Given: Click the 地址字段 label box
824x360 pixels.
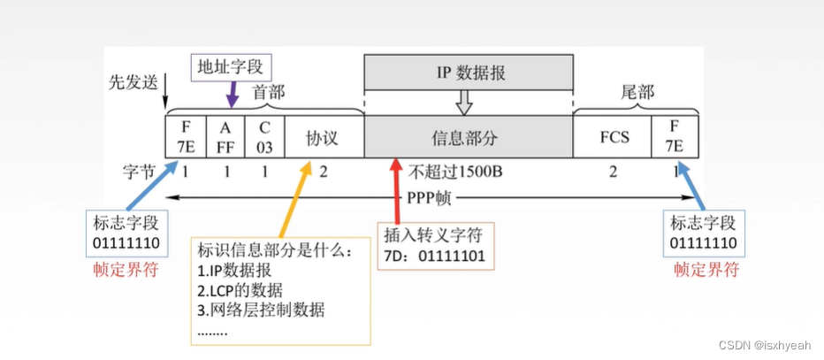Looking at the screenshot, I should point(233,65).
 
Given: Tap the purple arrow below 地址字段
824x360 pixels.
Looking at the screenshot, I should point(233,93).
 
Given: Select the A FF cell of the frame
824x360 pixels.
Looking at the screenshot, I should point(225,137).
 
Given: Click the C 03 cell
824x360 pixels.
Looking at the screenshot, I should point(265,137).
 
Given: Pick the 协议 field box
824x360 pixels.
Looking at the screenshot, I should point(323,138).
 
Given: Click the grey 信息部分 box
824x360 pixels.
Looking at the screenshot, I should point(468,138).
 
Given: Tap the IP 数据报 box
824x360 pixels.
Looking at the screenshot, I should point(469,72).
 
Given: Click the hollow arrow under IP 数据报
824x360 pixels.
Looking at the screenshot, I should point(464,103).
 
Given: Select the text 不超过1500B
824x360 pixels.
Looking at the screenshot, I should point(455,171).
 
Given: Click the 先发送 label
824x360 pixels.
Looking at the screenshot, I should point(132,81).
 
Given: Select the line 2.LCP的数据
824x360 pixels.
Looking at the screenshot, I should point(241,290).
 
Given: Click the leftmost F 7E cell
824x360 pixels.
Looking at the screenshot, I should point(185,137).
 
